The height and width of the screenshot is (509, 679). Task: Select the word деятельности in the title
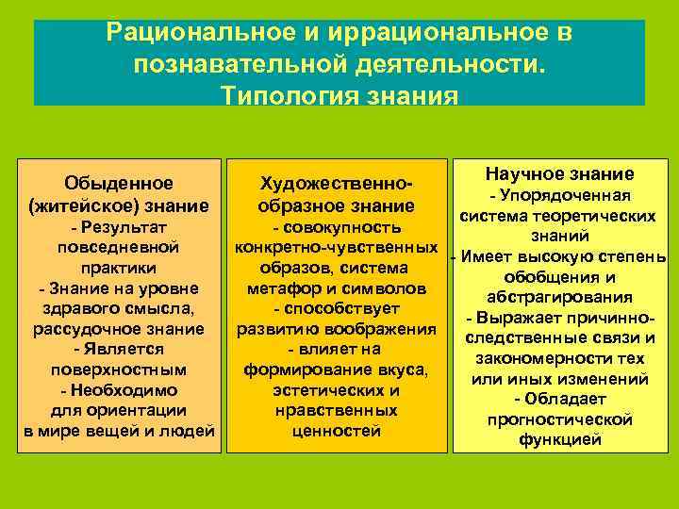tap(451, 65)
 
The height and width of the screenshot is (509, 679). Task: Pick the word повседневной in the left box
tap(119, 247)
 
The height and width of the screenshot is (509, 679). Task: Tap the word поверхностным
tap(119, 369)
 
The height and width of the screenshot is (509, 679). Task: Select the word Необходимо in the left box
tap(124, 390)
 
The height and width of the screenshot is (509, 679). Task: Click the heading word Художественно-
tap(338, 183)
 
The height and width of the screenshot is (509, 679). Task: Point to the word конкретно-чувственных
tap(338, 247)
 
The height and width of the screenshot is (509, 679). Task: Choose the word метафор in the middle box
tap(281, 287)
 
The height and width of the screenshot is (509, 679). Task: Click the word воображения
tap(386, 329)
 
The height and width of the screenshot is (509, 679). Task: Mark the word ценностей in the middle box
tap(338, 432)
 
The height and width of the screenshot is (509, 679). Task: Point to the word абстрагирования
tap(560, 297)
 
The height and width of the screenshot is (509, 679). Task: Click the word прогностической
tap(560, 419)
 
